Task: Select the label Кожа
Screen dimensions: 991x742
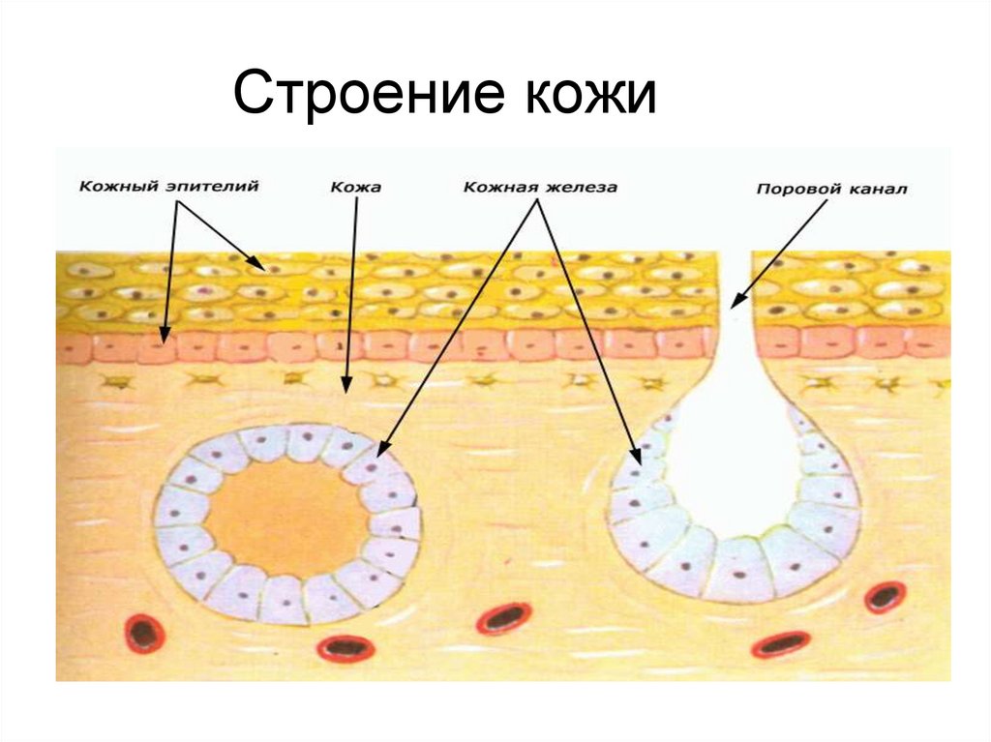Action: coord(355,187)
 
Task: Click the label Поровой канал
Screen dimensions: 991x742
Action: coord(830,190)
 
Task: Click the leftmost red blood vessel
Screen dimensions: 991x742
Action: coord(145,634)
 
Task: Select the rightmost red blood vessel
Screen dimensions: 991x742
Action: coord(885,597)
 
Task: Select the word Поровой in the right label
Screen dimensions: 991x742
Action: coord(794,190)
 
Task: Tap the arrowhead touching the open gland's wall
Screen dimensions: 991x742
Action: coord(636,457)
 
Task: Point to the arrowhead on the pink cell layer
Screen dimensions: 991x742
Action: coord(165,338)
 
